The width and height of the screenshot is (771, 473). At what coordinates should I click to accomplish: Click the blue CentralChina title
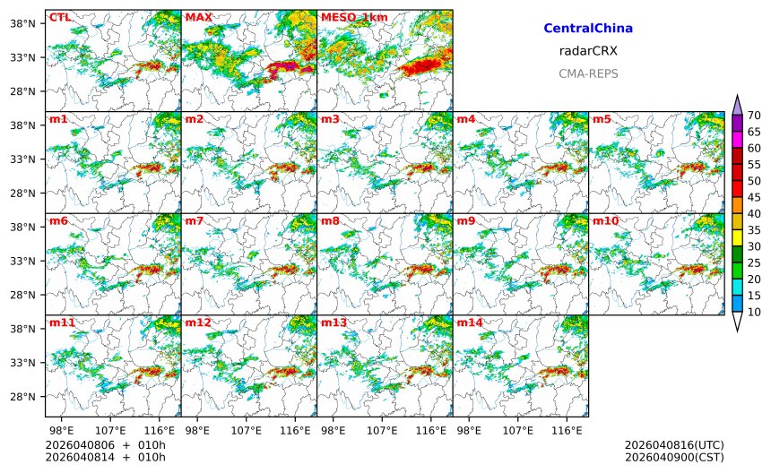click(x=588, y=29)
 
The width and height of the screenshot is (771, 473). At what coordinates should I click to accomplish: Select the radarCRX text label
click(x=588, y=51)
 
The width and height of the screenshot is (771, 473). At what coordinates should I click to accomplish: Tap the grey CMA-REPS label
click(x=588, y=73)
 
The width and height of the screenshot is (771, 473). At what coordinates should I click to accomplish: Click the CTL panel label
click(x=59, y=17)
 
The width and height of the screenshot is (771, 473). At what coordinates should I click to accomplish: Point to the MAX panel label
click(x=198, y=17)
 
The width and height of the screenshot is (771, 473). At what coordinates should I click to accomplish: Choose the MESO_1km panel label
click(x=354, y=17)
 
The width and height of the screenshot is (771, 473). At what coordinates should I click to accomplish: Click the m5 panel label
click(x=602, y=119)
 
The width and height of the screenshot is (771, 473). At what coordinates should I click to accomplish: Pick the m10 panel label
click(x=606, y=220)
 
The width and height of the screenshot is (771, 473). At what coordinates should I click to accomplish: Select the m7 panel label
click(x=195, y=220)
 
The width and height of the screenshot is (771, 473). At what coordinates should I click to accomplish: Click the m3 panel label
click(x=331, y=119)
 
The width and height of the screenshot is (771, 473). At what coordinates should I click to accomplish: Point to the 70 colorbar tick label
click(x=754, y=115)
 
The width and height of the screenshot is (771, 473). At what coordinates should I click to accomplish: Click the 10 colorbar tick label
click(x=754, y=312)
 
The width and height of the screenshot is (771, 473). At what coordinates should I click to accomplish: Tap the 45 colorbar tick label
click(x=754, y=197)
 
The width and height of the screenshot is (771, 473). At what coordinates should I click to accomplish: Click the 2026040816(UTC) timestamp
click(x=674, y=445)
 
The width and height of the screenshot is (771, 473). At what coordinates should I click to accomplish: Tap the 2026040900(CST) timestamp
click(x=674, y=458)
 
